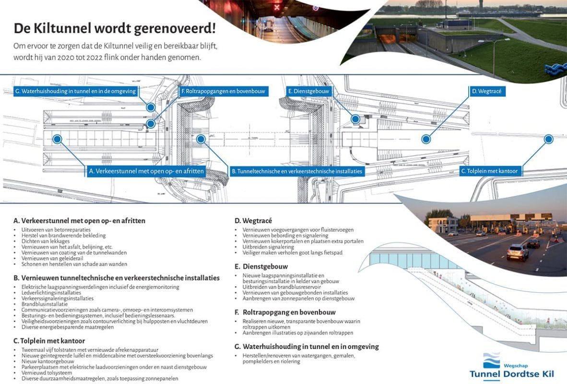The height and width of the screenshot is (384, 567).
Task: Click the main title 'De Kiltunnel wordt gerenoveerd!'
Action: click(115, 28)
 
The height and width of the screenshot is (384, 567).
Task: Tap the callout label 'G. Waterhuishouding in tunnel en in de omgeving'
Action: click(75, 91)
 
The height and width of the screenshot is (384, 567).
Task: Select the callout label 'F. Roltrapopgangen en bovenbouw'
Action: click(223, 91)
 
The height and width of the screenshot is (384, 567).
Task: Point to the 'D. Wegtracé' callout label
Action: click(486, 91)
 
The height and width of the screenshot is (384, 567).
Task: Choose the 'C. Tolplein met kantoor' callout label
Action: click(490, 171)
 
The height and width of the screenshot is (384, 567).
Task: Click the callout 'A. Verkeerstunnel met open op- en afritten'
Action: click(147, 171)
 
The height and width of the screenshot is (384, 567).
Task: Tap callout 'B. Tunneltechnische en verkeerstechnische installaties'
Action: click(297, 171)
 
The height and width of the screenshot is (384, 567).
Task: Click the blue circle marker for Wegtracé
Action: click(425, 139)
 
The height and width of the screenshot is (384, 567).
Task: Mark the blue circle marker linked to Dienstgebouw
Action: click(355, 119)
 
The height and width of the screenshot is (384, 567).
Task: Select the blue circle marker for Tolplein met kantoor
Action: click(548, 139)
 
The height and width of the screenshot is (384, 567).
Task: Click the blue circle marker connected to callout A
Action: click(57, 139)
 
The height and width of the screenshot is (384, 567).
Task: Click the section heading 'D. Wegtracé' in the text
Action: click(253, 221)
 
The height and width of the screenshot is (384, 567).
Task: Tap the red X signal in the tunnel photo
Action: click(276, 7)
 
